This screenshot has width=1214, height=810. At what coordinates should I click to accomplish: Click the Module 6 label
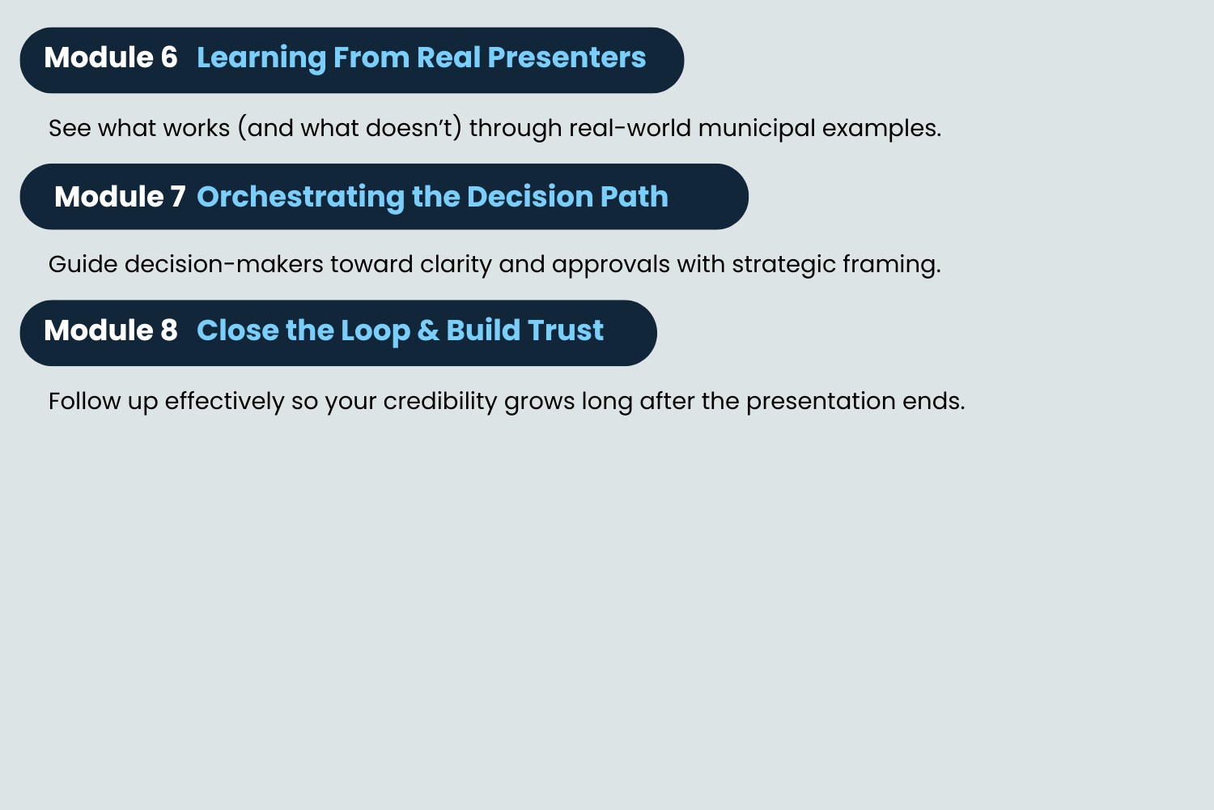[x=111, y=57]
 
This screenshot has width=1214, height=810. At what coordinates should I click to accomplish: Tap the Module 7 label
[x=120, y=196]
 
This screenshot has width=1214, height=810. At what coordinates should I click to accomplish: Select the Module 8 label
[x=111, y=330]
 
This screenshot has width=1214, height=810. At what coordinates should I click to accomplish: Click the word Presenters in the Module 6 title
[x=567, y=57]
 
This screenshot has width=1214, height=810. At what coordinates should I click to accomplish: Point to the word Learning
[x=261, y=58]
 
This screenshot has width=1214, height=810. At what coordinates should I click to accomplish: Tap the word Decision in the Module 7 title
[x=529, y=196]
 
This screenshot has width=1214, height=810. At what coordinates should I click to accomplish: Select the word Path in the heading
[x=634, y=196]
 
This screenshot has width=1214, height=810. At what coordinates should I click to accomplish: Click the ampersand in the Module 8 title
[x=428, y=330]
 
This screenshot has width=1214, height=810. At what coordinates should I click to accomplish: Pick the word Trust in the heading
[x=565, y=330]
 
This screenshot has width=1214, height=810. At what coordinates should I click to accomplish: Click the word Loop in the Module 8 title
[x=375, y=331]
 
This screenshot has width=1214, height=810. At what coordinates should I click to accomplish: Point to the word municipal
[x=757, y=129]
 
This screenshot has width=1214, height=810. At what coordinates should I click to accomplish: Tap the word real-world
[x=630, y=128]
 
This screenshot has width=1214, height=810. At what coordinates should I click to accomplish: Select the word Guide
[x=83, y=264]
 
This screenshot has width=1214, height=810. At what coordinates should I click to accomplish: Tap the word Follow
[x=84, y=401]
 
